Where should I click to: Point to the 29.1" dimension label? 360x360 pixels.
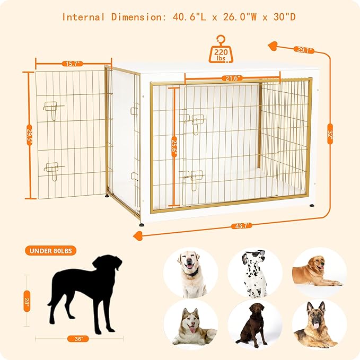point(304,50)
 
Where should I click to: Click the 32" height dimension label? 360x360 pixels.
point(330,136)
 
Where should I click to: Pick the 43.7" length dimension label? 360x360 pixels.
point(241,225)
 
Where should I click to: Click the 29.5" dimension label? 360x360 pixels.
point(30,135)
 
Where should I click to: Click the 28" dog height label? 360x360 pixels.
point(27,301)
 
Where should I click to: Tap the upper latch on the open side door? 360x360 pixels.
point(52,107)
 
